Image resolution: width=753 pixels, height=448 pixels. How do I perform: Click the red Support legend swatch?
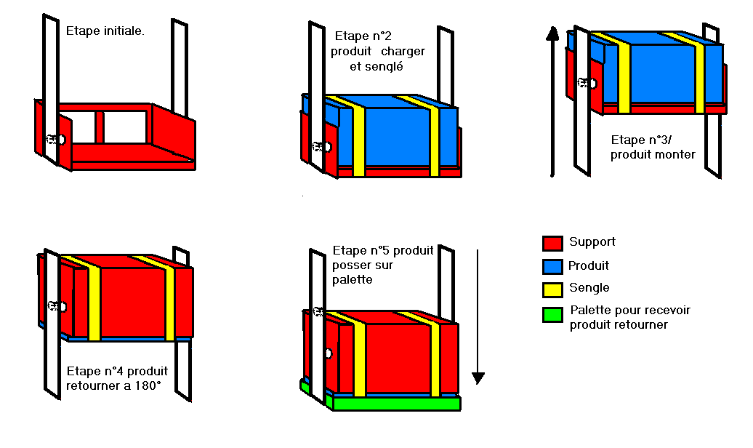(x=552, y=243)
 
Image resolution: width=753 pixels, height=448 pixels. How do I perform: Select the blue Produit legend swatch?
(x=552, y=267)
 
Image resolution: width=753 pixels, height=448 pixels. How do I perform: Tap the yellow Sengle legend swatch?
(x=552, y=290)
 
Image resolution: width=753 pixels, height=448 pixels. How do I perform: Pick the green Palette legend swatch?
(x=552, y=315)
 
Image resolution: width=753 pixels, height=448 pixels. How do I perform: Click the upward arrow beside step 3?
(x=552, y=102)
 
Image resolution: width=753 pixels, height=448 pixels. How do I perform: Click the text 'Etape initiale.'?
(x=105, y=31)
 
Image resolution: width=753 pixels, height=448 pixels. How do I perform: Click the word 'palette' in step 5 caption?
(x=353, y=280)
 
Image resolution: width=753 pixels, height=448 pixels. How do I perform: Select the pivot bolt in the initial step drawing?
(x=56, y=140)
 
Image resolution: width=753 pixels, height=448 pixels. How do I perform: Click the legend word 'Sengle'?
(x=589, y=288)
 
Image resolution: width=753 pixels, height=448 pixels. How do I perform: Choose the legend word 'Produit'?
(x=588, y=266)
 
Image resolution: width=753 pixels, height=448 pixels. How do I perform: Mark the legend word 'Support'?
(x=592, y=241)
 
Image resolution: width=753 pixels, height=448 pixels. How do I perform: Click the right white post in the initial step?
(x=180, y=68)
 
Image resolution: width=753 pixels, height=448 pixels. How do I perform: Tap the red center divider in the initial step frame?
(x=100, y=127)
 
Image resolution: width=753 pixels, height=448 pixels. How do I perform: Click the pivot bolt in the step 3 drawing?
(x=587, y=83)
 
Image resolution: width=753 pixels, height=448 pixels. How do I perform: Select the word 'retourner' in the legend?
(x=642, y=325)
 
